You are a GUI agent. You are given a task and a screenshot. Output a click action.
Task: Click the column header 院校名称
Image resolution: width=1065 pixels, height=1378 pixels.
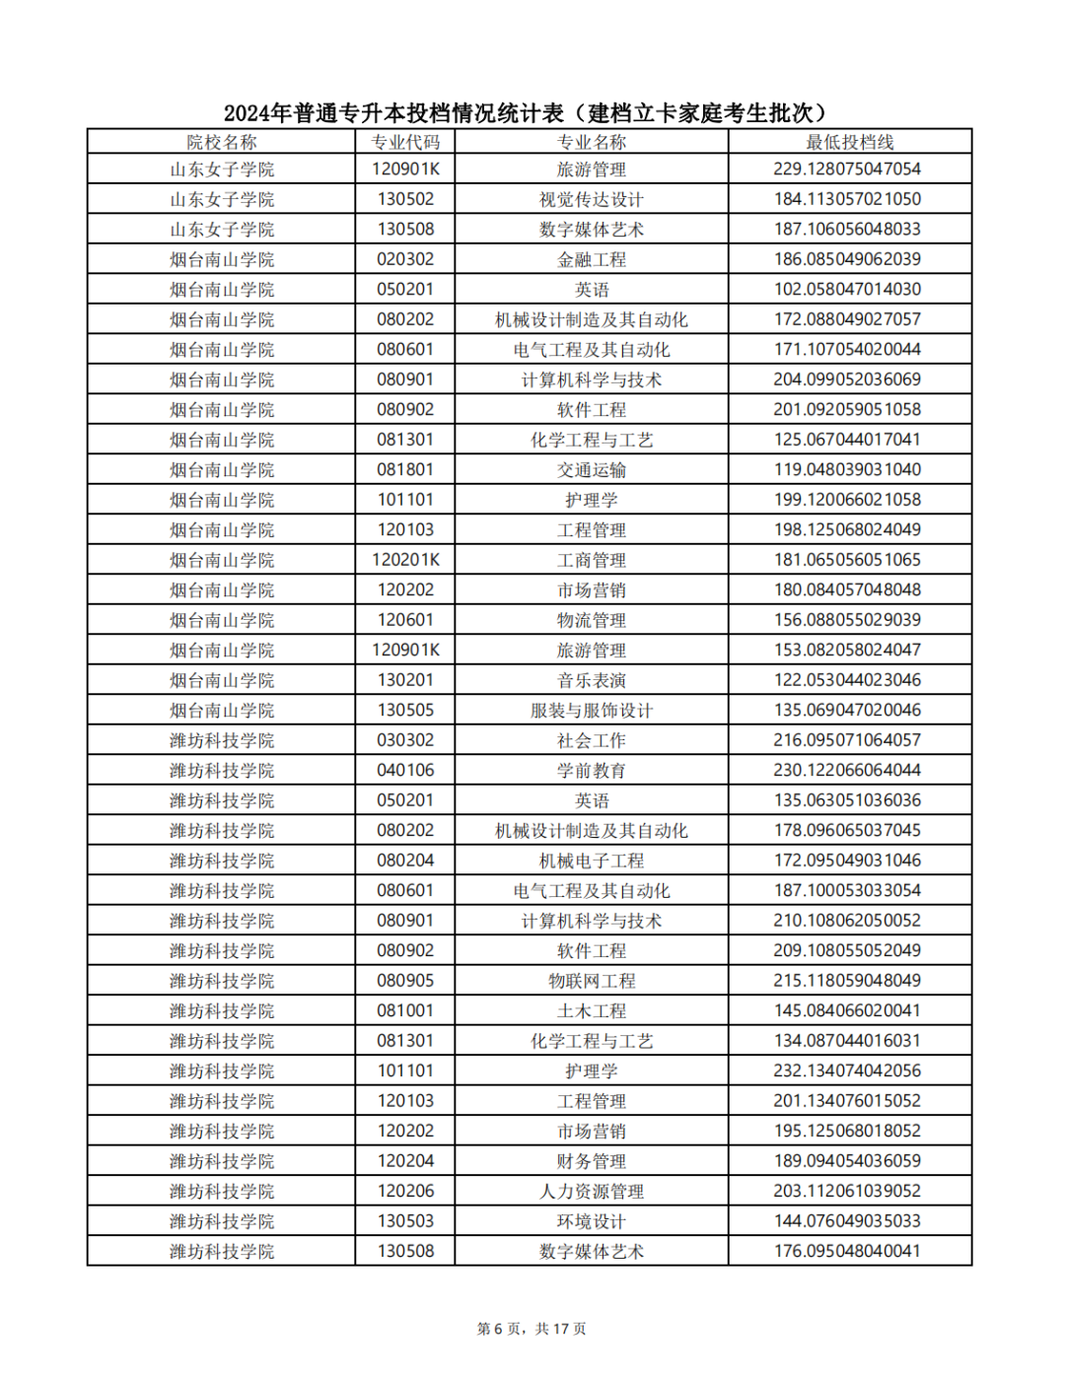click(x=222, y=142)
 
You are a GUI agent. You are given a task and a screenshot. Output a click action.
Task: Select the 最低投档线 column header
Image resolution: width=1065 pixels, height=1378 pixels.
click(x=849, y=142)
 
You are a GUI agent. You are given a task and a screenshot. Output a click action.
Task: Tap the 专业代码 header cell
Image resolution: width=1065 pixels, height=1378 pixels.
click(x=405, y=142)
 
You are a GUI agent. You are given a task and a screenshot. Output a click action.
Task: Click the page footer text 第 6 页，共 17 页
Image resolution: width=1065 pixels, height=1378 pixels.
click(x=532, y=1329)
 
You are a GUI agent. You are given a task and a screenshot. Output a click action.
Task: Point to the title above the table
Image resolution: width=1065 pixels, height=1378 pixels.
click(x=530, y=112)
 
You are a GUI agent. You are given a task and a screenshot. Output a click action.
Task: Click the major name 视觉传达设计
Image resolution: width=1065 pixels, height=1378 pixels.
click(x=592, y=199)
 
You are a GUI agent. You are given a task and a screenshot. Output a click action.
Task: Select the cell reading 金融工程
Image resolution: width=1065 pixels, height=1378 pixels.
click(x=592, y=259)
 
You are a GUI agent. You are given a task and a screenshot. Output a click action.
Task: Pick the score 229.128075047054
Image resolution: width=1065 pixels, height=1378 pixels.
click(x=847, y=170)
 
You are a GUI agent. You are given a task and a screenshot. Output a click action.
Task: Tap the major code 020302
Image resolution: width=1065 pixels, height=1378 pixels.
click(x=405, y=259)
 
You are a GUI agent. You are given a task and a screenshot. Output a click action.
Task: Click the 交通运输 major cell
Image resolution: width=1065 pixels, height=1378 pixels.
click(x=592, y=470)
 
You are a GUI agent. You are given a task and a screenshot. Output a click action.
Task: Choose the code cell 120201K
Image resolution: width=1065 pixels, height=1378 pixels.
click(x=405, y=560)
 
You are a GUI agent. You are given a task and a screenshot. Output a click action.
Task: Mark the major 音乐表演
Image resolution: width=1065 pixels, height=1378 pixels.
click(x=592, y=680)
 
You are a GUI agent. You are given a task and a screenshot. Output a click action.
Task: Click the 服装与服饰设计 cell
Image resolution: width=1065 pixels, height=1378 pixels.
click(x=592, y=711)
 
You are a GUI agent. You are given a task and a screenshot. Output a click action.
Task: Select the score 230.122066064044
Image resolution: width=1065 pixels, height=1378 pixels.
click(x=847, y=770)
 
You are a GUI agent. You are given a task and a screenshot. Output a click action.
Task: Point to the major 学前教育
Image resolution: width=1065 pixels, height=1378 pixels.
click(x=592, y=771)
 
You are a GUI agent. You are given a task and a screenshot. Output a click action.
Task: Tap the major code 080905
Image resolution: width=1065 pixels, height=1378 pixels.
click(x=405, y=981)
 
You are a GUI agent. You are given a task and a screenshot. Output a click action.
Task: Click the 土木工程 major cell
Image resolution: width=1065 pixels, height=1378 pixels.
click(x=592, y=1011)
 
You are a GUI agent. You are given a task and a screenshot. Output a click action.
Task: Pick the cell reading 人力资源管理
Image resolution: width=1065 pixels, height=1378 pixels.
click(x=592, y=1192)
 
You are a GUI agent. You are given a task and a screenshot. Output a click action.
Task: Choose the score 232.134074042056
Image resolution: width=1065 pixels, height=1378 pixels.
click(x=847, y=1070)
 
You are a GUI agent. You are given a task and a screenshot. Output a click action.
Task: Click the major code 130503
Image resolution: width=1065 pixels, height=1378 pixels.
click(x=405, y=1221)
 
